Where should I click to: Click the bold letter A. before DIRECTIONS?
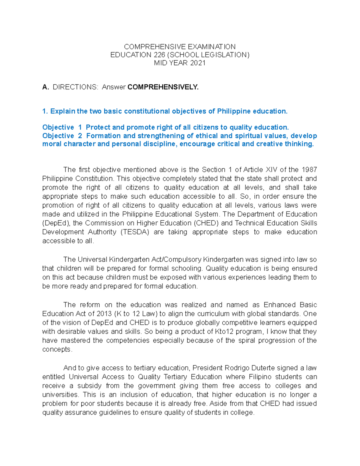pos(46,87)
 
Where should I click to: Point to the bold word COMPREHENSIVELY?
pos(163,87)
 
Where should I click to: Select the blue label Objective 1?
pos(62,128)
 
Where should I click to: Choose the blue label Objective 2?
pos(62,136)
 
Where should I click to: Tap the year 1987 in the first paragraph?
pos(309,170)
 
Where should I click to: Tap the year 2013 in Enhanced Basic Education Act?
pos(104,314)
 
